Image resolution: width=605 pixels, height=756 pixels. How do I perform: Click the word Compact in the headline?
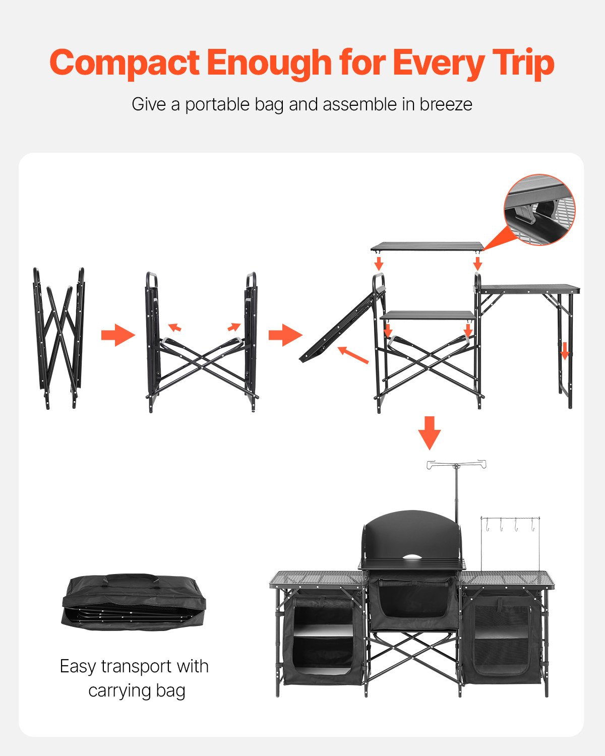coord(125,63)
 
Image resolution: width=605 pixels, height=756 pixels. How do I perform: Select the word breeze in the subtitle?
coord(446,104)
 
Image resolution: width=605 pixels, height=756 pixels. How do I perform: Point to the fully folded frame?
coord(59,338)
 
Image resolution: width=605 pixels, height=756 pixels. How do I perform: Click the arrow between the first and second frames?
coord(118,335)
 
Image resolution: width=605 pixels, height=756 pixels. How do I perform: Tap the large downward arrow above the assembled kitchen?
coord(430,432)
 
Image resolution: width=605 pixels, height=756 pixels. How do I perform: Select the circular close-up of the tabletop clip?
coord(539,210)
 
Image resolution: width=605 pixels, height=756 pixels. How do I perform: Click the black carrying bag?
coord(134,602)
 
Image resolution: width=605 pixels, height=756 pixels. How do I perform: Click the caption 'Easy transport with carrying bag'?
coord(135,678)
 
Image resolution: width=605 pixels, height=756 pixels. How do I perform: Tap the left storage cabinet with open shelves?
coord(323,638)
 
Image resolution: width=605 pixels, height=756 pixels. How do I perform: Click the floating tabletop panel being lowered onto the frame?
coord(427,246)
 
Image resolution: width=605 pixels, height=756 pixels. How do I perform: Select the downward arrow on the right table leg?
coord(565,350)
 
